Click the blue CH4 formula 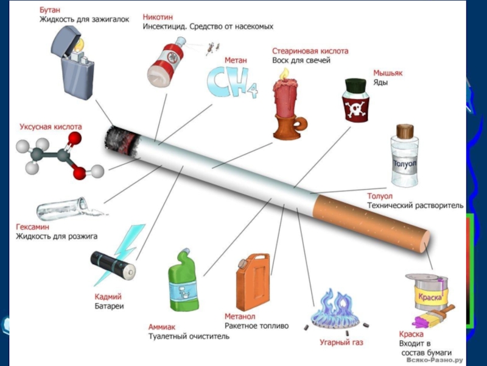[x=232, y=83]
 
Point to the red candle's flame [x=284, y=73]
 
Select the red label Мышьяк [x=388, y=73]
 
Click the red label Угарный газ [x=342, y=343]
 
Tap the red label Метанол [x=240, y=317]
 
